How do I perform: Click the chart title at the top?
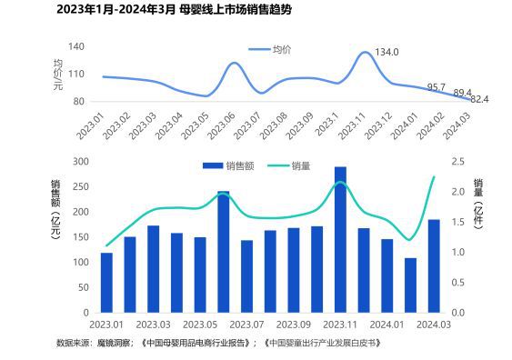tap(152, 10)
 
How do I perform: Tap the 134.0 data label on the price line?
tap(387, 53)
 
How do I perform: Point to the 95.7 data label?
tap(437, 87)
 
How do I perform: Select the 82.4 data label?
tap(479, 98)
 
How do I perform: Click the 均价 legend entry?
tap(278, 48)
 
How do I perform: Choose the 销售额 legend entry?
tap(228, 165)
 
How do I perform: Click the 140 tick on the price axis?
tap(76, 46)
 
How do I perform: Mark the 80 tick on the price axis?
tap(79, 101)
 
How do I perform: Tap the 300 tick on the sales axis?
tap(80, 162)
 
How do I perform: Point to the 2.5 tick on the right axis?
tap(457, 162)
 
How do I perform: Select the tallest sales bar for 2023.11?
tap(340, 239)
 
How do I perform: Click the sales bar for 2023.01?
tap(106, 282)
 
